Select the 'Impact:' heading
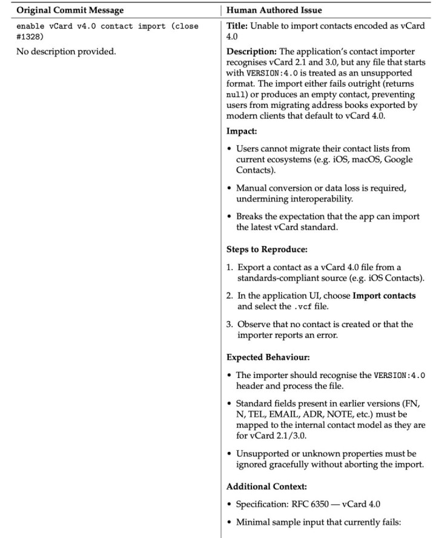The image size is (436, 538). point(240,130)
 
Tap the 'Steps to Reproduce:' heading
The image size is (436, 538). point(263,248)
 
